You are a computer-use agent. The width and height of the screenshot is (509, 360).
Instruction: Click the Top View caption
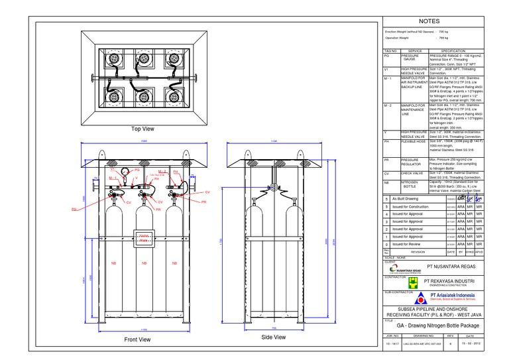coord(142,129)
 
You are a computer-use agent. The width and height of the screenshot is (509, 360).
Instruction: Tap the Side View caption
coord(274,337)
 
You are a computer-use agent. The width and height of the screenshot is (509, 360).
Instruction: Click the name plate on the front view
coord(142,239)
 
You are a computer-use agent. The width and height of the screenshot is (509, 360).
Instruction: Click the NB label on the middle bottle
coord(144,264)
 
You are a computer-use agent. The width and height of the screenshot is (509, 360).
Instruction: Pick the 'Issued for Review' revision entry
coord(410,244)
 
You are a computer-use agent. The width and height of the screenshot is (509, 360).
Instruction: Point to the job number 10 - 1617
coord(392,344)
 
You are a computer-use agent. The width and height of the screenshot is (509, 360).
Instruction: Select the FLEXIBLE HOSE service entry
coord(414,141)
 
